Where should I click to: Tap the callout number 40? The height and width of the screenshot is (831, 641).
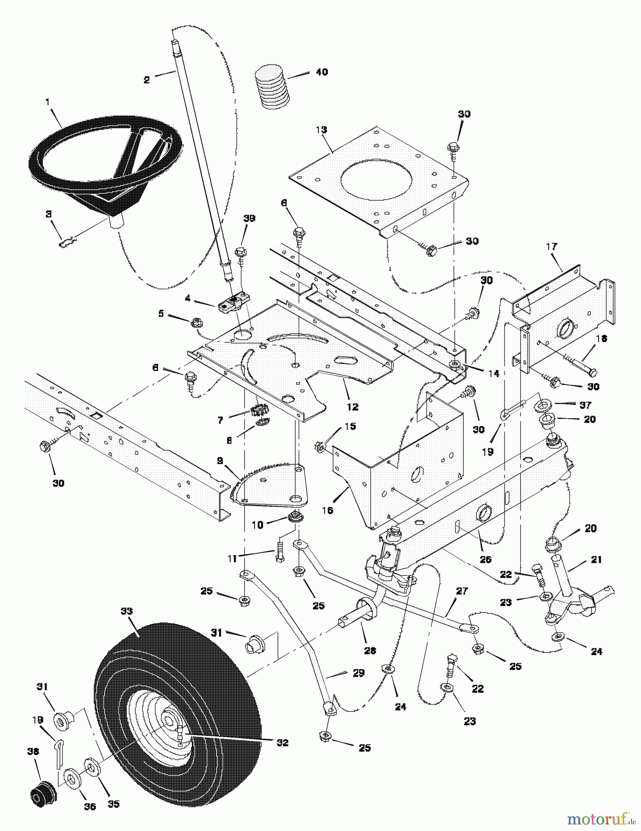tap(322, 72)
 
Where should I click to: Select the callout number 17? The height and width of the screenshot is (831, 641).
tap(552, 247)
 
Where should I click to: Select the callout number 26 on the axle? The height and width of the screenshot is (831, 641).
tap(485, 559)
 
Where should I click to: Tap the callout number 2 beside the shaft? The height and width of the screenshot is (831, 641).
tap(147, 80)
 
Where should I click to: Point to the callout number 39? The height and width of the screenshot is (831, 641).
tap(249, 218)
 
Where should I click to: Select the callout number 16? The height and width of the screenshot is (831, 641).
tap(327, 511)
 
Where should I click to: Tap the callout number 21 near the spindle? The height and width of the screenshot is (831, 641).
tap(596, 560)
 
